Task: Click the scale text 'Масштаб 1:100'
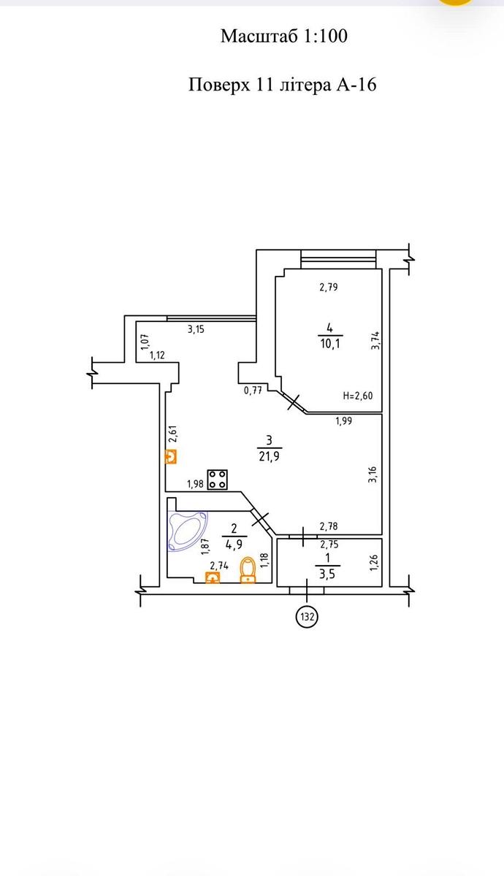point(283,36)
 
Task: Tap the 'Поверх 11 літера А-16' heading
point(282,85)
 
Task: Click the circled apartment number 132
point(307,617)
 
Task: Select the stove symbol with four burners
point(218,480)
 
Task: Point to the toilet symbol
point(248,570)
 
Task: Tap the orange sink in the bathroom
point(212,577)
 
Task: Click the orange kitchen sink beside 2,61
point(171,456)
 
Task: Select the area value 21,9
point(270,456)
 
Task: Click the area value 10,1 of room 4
point(330,344)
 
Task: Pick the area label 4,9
point(234,545)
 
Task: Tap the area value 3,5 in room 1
point(327,574)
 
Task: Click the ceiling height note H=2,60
point(358,396)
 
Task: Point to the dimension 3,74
point(375,340)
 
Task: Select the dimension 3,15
point(196,329)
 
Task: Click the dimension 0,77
point(253,391)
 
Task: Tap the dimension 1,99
point(343,420)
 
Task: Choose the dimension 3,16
point(373,474)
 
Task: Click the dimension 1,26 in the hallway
point(374,563)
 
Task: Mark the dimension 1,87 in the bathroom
point(205,547)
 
